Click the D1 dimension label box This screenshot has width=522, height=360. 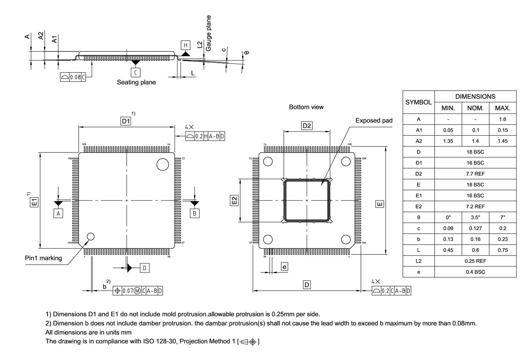pyautogui.click(x=126, y=121)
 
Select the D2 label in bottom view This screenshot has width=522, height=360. pyautogui.click(x=307, y=126)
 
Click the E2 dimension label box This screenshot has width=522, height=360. pyautogui.click(x=234, y=200)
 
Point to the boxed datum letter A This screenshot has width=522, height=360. pyautogui.click(x=58, y=213)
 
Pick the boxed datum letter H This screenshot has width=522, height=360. pyautogui.click(x=186, y=45)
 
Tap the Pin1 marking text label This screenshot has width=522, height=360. pyautogui.click(x=43, y=258)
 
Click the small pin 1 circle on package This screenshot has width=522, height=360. pyautogui.click(x=91, y=236)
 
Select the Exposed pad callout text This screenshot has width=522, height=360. pyautogui.click(x=374, y=120)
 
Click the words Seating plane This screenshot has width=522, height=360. pyautogui.click(x=136, y=82)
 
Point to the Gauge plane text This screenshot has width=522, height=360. pyautogui.click(x=208, y=33)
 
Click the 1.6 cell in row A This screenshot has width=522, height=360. pyautogui.click(x=502, y=119)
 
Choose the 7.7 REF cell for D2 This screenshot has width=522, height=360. pyautogui.click(x=475, y=174)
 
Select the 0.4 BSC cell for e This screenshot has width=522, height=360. pyautogui.click(x=475, y=272)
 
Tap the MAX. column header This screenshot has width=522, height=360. pyautogui.click(x=502, y=108)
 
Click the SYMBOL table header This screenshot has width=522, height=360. pyautogui.click(x=418, y=102)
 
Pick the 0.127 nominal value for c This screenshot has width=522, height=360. pyautogui.click(x=475, y=228)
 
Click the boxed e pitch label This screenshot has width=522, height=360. pyautogui.click(x=285, y=267)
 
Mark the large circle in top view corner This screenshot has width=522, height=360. pyautogui.click(x=162, y=164)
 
